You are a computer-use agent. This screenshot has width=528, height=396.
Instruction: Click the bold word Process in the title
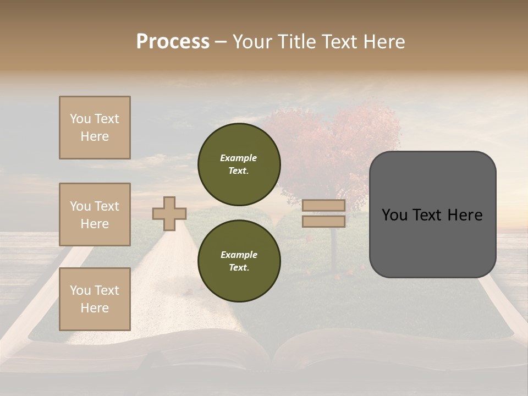(x=173, y=42)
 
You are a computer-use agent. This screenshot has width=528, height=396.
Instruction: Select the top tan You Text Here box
(x=95, y=128)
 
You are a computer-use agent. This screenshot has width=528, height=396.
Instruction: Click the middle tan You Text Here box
(x=95, y=215)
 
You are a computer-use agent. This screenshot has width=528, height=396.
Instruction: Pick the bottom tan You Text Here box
(x=95, y=299)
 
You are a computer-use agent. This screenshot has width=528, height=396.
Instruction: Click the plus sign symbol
(x=169, y=213)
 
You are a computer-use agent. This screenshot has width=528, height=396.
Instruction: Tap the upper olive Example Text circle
(x=239, y=164)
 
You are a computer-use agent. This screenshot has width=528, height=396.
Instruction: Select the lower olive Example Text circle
(x=239, y=261)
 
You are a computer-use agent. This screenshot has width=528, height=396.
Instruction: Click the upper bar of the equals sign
(x=324, y=206)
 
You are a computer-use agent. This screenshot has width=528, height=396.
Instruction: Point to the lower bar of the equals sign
(x=324, y=222)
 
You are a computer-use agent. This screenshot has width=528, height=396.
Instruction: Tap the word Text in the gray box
(x=432, y=215)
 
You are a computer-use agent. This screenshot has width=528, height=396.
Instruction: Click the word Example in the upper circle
(x=239, y=158)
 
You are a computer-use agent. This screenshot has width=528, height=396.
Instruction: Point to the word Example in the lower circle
(x=239, y=255)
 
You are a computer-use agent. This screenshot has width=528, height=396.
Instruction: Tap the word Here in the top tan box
(x=95, y=136)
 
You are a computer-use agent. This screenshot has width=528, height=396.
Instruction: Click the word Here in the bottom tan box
(x=95, y=308)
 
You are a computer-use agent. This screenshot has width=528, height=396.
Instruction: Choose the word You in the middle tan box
(x=79, y=206)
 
